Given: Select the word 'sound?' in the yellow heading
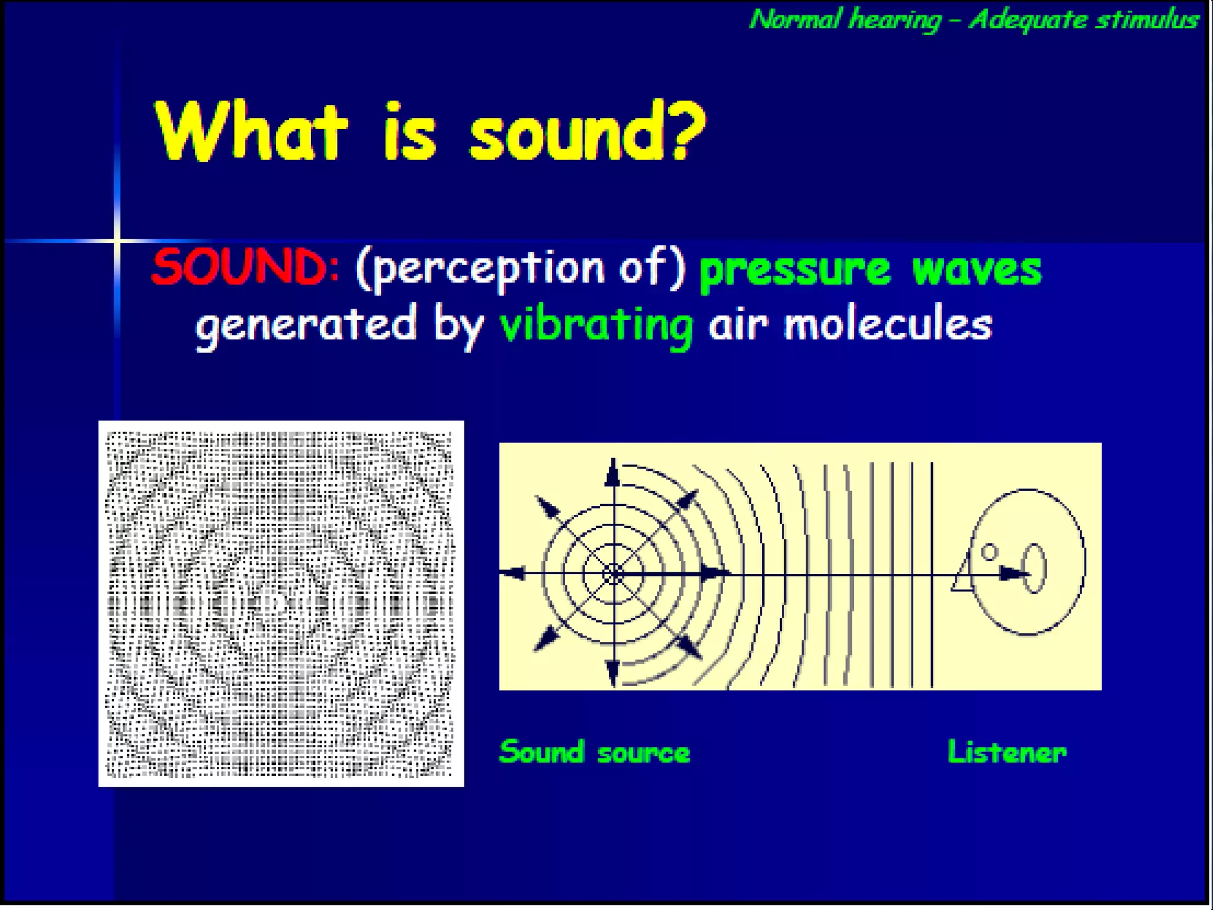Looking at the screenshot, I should pos(586,132).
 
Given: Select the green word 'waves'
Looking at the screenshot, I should pos(977,270).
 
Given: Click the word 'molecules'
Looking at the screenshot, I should pos(888,325).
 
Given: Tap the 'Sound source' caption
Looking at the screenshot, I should pos(595,752).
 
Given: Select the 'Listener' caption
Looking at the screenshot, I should pos(1007,752).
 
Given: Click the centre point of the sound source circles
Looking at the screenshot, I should pos(614,573).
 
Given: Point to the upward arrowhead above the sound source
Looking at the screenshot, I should pos(613,474).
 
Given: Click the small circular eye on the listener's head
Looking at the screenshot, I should pos(990,552).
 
